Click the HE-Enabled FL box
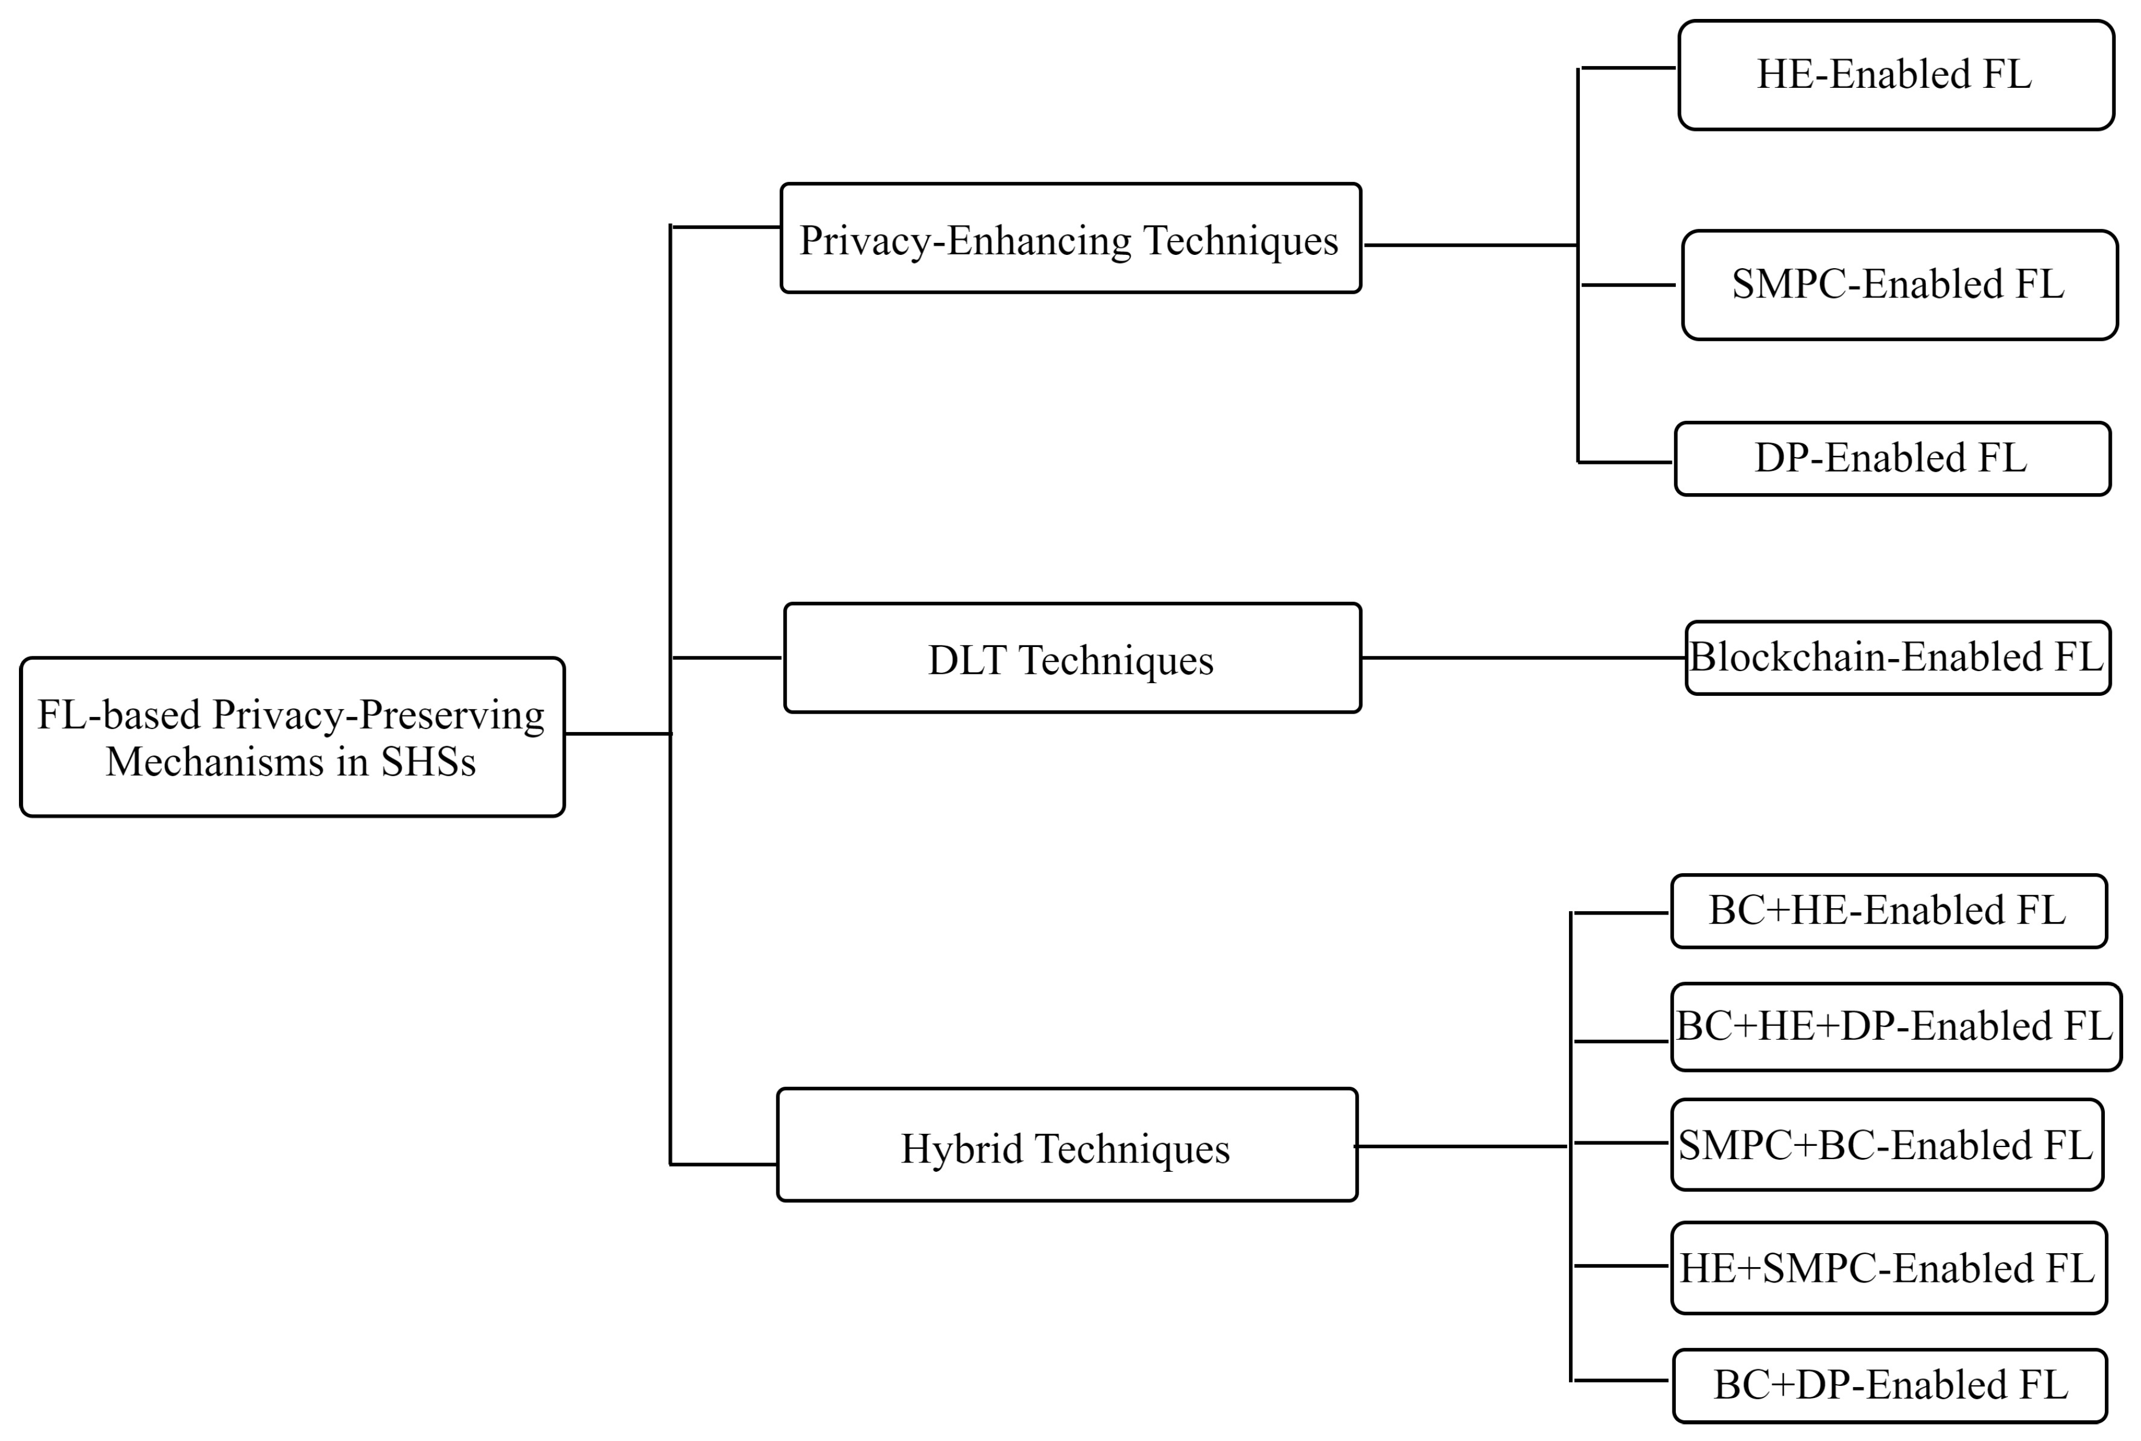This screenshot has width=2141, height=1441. pos(1896,75)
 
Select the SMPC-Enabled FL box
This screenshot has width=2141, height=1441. pos(1899,285)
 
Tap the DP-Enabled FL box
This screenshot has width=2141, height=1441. pos(1892,459)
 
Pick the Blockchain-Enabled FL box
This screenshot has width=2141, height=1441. pos(1897,658)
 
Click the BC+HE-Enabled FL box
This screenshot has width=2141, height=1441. pos(1888,911)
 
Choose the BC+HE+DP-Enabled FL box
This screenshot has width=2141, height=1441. pos(1896,1026)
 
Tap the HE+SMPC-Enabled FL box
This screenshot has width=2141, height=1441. pos(1888,1268)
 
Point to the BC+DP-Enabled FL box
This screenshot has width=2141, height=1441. pos(1890,1385)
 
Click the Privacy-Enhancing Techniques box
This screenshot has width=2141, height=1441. pos(1070,239)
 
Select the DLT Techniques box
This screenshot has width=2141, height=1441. pos(1072,658)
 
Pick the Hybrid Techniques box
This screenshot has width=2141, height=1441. pos(1066,1145)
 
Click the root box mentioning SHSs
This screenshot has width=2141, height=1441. pos(292,737)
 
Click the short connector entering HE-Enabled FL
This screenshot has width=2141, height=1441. pos(1627,68)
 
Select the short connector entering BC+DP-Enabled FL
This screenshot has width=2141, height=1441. pos(1620,1380)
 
